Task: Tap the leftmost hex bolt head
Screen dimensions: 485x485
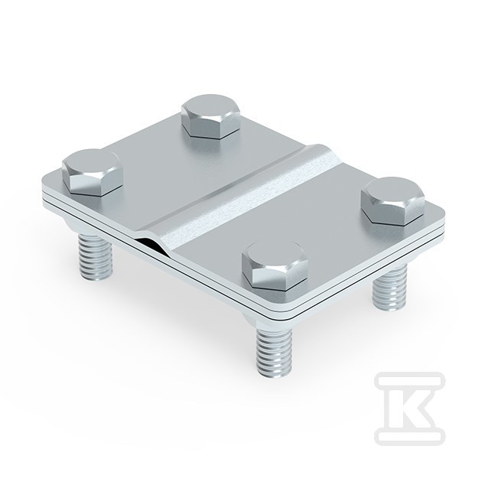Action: click(93, 172)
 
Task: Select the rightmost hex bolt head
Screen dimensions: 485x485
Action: click(393, 201)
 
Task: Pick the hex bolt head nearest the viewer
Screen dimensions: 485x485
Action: click(275, 266)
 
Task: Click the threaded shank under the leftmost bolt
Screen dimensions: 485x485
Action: click(96, 257)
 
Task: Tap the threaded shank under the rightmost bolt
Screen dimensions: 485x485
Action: click(389, 288)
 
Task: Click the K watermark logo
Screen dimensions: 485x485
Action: click(410, 409)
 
